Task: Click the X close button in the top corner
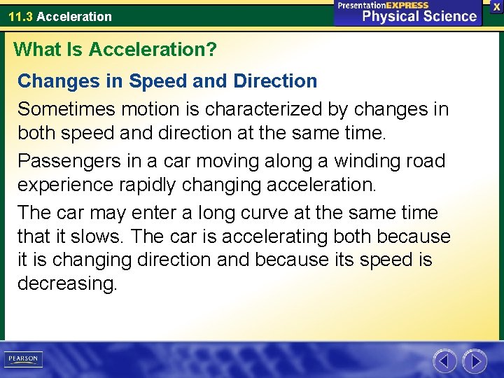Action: coord(496,6)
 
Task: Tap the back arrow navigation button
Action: coord(444,361)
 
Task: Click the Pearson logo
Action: coord(23,359)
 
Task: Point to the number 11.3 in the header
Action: coord(20,16)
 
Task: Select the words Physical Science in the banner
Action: coord(419,16)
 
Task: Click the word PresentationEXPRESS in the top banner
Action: coord(383,5)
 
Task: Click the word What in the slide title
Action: coord(34,50)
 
